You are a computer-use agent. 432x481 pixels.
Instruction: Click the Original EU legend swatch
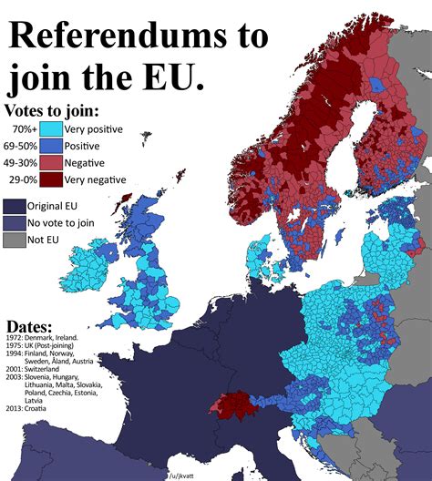click(x=15, y=205)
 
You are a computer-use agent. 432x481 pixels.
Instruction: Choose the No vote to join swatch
click(x=15, y=222)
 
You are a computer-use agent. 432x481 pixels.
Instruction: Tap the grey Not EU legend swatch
click(x=15, y=240)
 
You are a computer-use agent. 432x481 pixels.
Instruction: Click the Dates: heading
click(x=29, y=326)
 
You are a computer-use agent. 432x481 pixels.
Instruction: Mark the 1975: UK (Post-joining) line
click(x=50, y=347)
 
